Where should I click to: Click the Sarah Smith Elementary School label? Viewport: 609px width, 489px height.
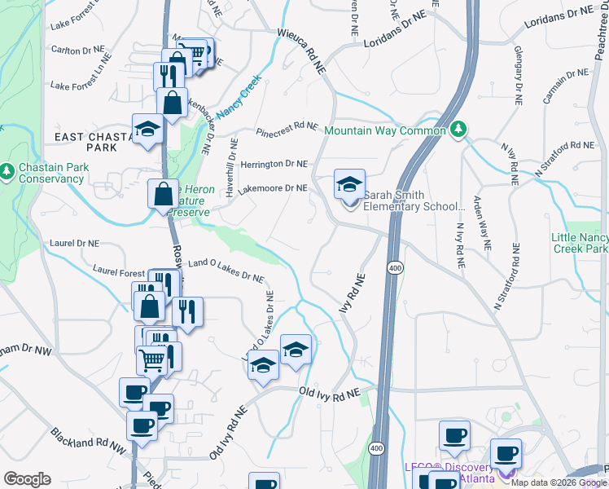pyautogui.click(x=413, y=200)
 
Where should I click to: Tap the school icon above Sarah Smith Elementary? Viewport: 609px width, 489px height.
pyautogui.click(x=349, y=184)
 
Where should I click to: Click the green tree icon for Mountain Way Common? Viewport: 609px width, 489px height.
pyautogui.click(x=458, y=130)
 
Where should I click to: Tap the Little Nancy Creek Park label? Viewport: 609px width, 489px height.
pyautogui.click(x=580, y=243)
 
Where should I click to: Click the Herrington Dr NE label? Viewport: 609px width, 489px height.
pyautogui.click(x=272, y=164)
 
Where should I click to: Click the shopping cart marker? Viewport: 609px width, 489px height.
pyautogui.click(x=151, y=359)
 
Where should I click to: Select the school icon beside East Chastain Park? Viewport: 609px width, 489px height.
pyautogui.click(x=147, y=130)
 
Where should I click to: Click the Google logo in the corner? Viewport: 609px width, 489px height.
pyautogui.click(x=28, y=478)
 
